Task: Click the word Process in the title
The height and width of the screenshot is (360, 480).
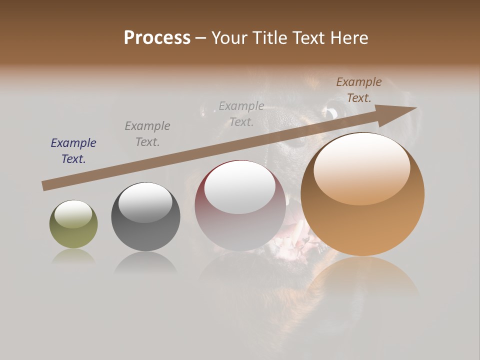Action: click(x=157, y=38)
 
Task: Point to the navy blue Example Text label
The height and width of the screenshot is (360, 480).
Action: click(x=73, y=151)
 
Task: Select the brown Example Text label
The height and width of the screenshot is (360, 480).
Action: click(x=359, y=90)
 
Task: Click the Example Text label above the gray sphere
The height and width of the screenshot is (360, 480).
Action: click(x=147, y=134)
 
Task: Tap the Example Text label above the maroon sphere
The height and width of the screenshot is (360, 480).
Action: click(x=241, y=114)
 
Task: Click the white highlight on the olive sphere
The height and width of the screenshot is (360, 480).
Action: click(x=73, y=214)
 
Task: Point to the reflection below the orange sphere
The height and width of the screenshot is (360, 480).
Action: click(x=362, y=280)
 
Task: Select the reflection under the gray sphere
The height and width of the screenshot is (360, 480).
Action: click(x=145, y=262)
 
